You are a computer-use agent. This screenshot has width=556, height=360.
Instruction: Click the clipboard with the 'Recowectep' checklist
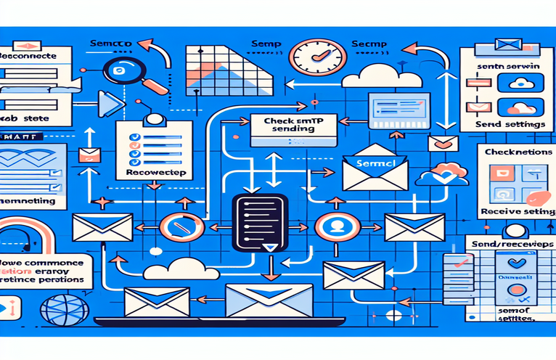tap(153, 150)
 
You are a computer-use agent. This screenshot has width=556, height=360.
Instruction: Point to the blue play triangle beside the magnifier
tap(110, 104)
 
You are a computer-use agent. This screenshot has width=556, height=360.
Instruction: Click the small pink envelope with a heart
tap(442, 142)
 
